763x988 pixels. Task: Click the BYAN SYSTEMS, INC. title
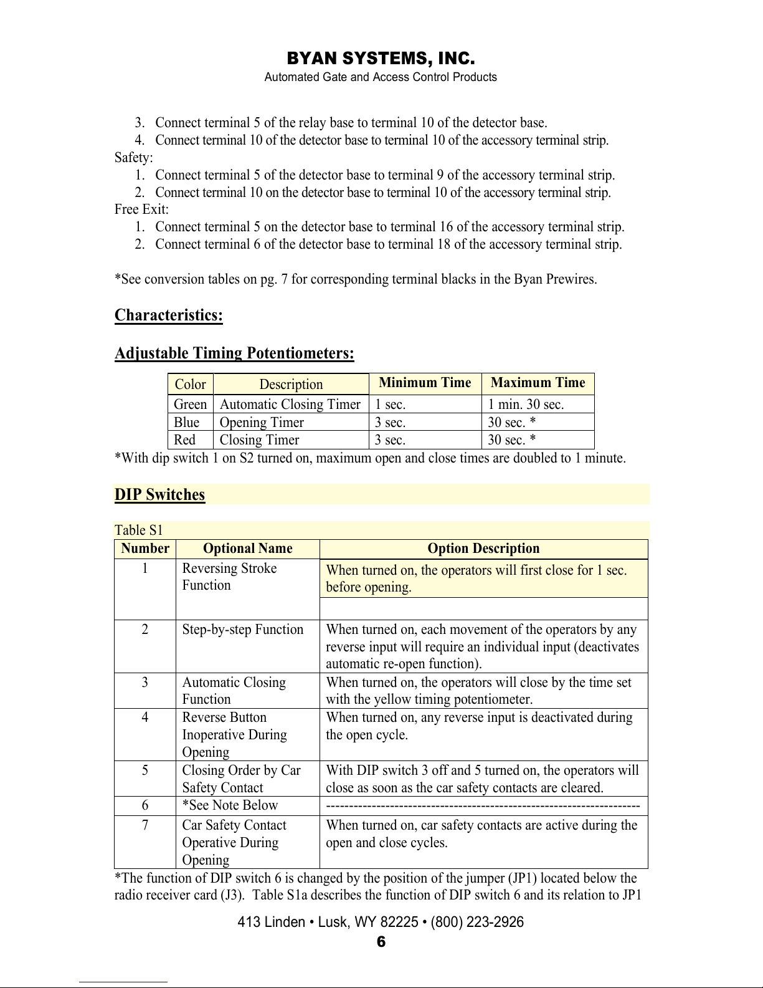[381, 59]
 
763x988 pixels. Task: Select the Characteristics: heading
[168, 315]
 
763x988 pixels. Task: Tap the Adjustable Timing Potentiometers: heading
[234, 353]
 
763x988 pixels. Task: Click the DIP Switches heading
[159, 495]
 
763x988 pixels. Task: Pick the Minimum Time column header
[425, 383]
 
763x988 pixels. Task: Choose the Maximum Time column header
[538, 383]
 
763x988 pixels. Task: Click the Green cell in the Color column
[190, 405]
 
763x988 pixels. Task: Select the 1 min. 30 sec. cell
[526, 405]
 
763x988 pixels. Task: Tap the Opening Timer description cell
[262, 423]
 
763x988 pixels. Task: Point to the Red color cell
[184, 440]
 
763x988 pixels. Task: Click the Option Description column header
[483, 549]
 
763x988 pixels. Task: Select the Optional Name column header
[247, 549]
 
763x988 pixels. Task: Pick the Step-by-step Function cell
[242, 630]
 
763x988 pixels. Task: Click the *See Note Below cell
[230, 805]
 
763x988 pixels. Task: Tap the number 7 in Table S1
[145, 825]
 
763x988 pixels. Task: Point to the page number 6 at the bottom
[381, 942]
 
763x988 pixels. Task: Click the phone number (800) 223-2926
[477, 922]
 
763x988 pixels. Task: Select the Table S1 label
[138, 530]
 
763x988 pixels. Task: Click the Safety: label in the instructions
[133, 158]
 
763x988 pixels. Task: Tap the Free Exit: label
[141, 209]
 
